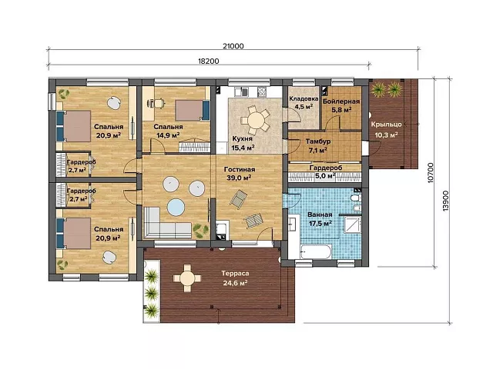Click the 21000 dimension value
[233, 46]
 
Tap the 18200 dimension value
[209, 61]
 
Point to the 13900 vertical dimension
[446, 201]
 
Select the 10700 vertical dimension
[431, 172]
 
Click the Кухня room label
[243, 138]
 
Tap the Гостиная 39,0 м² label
[240, 174]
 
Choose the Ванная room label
[320, 215]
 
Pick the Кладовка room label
[304, 98]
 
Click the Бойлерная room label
[341, 101]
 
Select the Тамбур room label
[318, 141]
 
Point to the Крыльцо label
[387, 125]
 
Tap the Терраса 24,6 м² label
[235, 278]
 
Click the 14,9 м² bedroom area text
[168, 135]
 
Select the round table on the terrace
[187, 278]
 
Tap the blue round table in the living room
[176, 208]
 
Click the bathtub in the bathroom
[316, 252]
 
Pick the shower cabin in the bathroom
[352, 224]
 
